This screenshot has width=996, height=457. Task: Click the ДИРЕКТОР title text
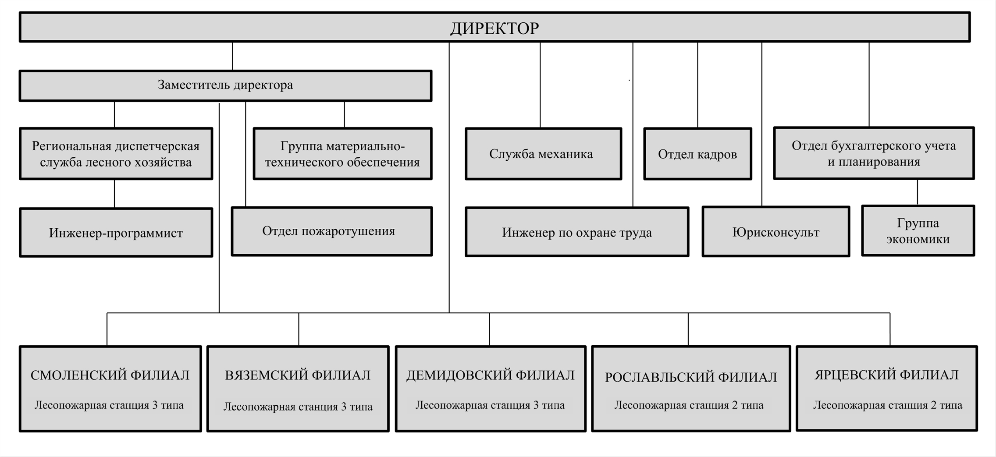[494, 28]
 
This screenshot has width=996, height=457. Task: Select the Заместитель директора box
[225, 85]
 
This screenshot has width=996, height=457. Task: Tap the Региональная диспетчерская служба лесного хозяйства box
[116, 154]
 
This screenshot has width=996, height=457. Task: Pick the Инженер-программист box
[116, 233]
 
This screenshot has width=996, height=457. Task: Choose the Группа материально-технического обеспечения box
[342, 154]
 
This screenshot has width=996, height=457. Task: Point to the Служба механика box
[543, 154]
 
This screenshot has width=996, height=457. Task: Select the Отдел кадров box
[697, 154]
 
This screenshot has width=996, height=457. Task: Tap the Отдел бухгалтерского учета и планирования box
[874, 153]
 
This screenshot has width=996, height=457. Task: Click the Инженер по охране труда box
[577, 232]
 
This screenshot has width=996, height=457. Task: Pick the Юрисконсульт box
[775, 232]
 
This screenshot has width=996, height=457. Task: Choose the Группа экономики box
[918, 231]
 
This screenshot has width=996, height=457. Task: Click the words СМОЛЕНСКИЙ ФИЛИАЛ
[110, 375]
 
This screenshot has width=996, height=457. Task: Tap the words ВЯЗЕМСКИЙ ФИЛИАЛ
[298, 375]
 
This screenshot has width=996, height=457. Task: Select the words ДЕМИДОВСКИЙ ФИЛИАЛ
[490, 375]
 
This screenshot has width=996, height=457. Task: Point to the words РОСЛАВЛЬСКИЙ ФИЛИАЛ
[691, 377]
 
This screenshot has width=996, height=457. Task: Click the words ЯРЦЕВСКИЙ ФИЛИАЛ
[886, 375]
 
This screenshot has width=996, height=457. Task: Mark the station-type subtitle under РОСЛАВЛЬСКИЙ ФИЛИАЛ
[689, 405]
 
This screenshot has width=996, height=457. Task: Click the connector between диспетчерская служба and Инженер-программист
[114, 194]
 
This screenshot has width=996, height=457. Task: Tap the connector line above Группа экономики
[918, 192]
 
